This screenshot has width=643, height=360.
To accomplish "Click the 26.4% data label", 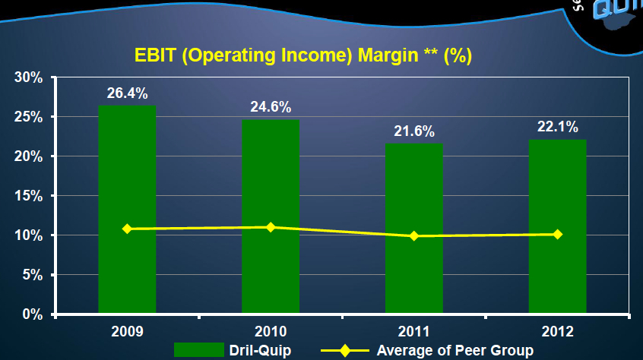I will [127, 94].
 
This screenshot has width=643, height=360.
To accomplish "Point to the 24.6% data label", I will [271, 107].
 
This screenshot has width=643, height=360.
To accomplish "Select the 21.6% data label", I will [414, 131].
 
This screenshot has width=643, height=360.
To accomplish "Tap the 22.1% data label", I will [557, 127].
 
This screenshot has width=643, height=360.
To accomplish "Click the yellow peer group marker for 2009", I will [127, 229].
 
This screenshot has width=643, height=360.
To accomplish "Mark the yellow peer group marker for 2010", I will [271, 227].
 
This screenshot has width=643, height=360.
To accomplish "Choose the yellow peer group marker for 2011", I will [414, 236].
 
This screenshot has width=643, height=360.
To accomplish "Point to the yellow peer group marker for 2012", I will [557, 234].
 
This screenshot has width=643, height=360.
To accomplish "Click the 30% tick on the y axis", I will [27, 77].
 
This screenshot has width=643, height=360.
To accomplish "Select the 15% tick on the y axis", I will [27, 196].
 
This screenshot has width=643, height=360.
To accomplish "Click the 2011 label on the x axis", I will [414, 331].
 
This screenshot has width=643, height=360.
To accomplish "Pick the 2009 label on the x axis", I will [127, 331].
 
